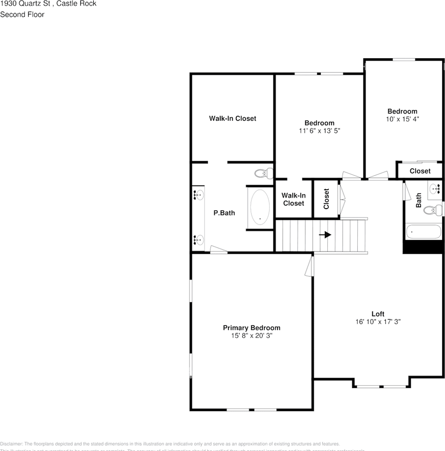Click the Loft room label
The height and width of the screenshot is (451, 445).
pos(378,314)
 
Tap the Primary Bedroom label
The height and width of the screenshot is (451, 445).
pos(251,328)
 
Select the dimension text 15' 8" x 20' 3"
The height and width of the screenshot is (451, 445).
pos(251,336)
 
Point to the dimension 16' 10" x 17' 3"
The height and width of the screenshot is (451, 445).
pos(378,322)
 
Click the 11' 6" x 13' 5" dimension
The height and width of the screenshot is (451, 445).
pos(319,131)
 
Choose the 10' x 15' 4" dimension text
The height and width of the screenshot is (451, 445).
pos(402,119)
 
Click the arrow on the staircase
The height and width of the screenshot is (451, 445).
pos(325,234)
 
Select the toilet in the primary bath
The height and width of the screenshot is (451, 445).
pos(264,173)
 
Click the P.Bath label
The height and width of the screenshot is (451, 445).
pos(224,213)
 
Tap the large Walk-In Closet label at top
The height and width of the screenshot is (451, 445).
pos(233,118)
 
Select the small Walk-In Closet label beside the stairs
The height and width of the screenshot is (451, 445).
pos(294,199)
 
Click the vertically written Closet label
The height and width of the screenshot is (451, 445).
pos(326,199)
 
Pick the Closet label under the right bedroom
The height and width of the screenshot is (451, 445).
pos(420,171)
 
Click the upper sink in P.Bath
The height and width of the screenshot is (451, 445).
pos(198,194)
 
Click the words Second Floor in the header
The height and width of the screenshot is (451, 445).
pos(22,15)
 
